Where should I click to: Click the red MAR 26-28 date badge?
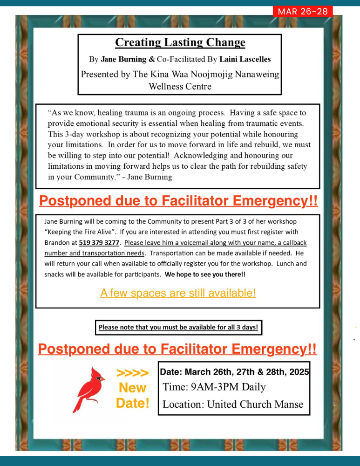303,12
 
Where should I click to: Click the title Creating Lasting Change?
180,42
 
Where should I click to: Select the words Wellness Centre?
180,86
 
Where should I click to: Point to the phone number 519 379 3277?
98,242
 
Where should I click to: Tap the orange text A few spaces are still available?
178,293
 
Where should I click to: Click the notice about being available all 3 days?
178,327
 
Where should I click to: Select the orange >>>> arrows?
133,373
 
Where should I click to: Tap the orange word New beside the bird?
133,388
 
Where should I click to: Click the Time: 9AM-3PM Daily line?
214,387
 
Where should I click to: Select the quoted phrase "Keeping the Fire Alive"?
76,232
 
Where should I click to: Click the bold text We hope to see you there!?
205,274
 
